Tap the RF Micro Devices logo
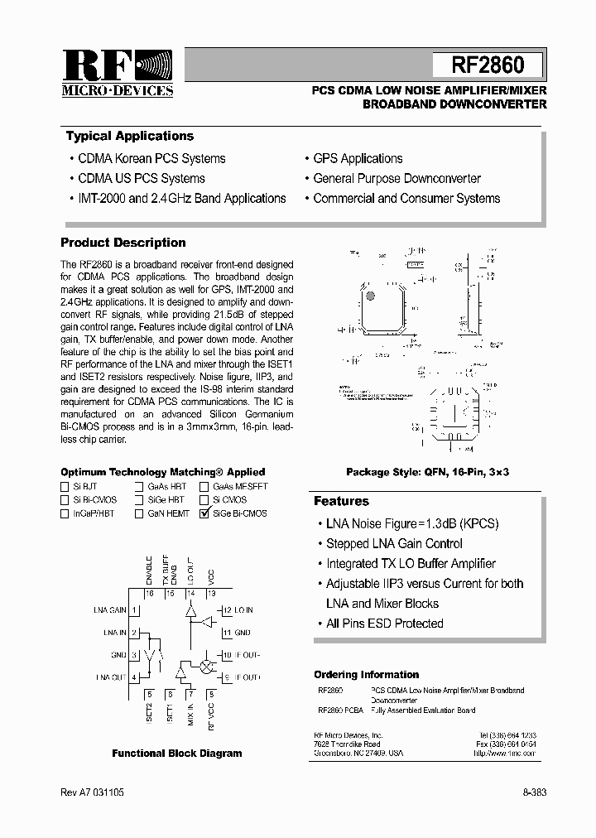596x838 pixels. point(117,74)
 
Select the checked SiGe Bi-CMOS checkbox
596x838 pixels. point(204,513)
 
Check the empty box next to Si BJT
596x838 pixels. point(65,487)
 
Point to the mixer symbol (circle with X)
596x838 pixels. point(205,665)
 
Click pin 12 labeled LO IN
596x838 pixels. point(225,610)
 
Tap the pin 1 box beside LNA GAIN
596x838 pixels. point(134,610)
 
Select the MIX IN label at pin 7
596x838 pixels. point(190,709)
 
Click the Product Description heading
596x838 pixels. point(123,243)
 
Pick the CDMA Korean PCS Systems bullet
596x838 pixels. point(151,158)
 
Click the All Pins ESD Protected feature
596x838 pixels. point(384,624)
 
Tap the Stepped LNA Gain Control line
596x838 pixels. point(393,544)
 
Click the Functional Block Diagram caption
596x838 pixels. point(177,754)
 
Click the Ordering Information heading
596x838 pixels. point(366,675)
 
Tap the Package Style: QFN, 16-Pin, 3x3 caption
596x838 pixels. point(427,471)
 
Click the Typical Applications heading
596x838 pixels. point(130,136)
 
